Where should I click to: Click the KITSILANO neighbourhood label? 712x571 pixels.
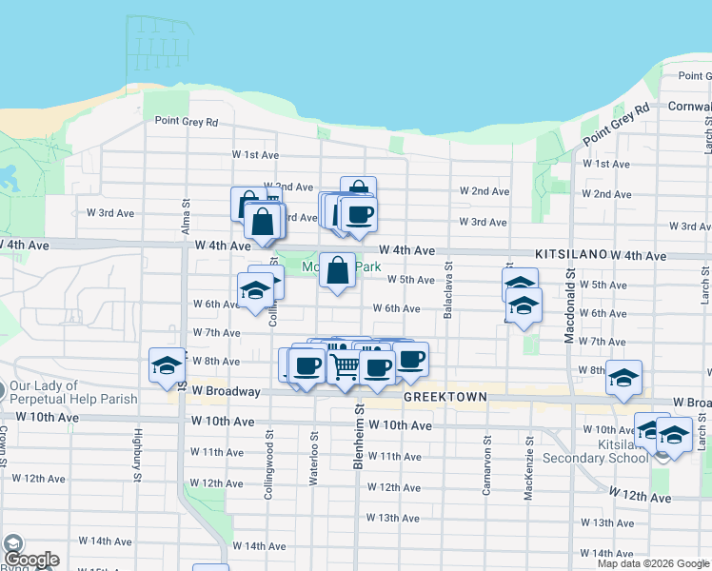[x=570, y=255]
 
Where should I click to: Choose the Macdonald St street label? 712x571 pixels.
[x=569, y=305]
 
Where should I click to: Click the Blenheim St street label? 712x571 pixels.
[x=360, y=428]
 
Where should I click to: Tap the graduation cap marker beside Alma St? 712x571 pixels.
[x=167, y=364]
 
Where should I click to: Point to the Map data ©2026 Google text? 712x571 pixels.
[x=652, y=563]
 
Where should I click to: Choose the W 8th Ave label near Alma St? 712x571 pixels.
[x=216, y=362]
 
